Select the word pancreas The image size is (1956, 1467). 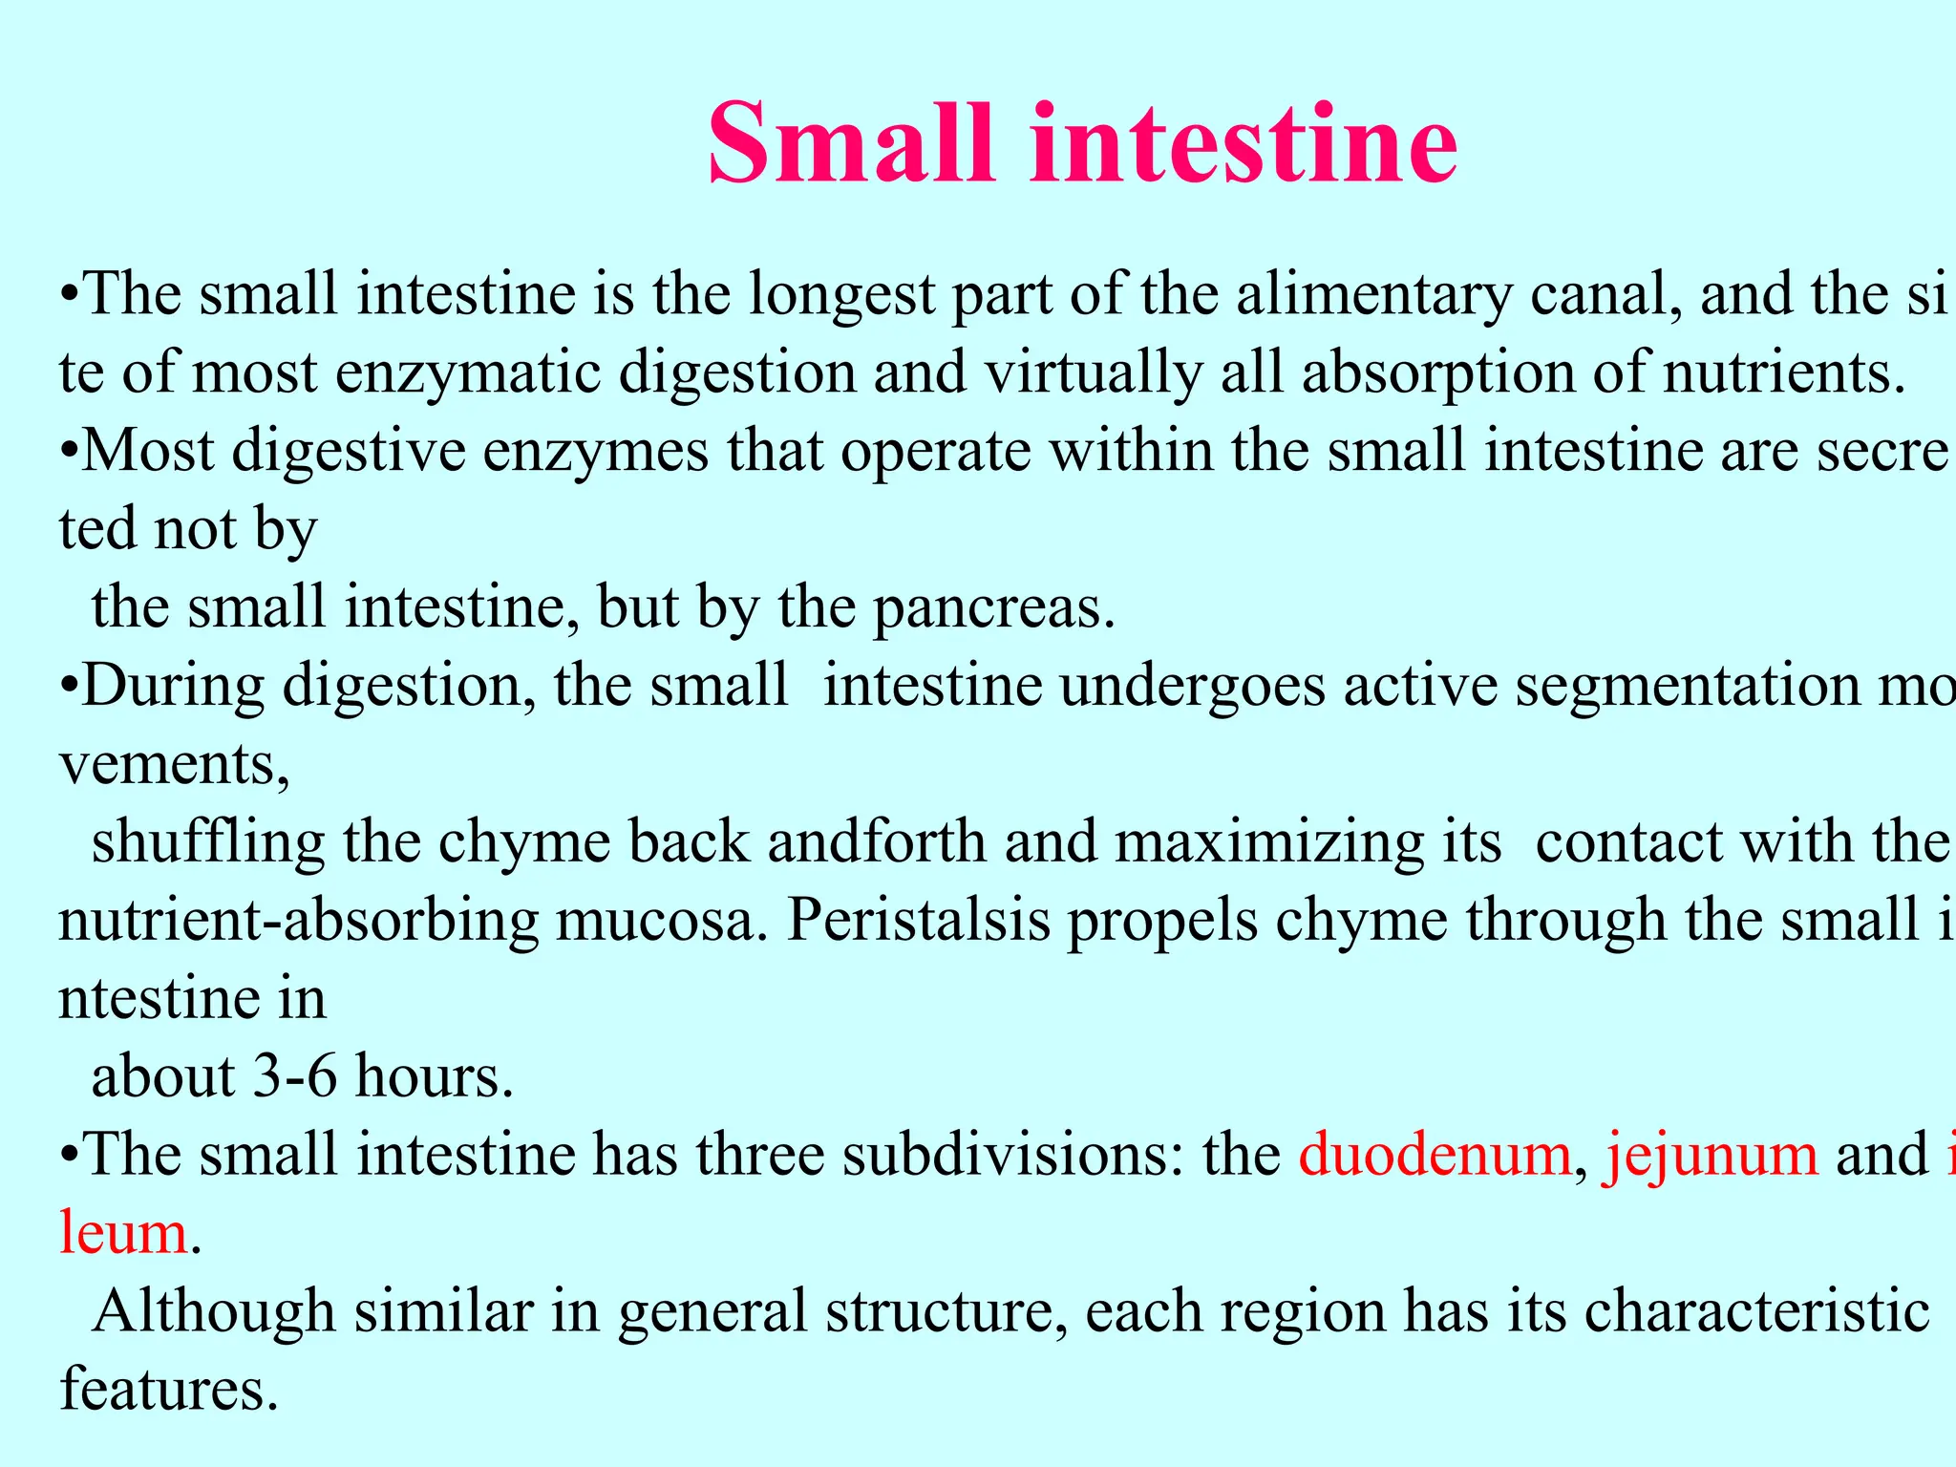(x=993, y=609)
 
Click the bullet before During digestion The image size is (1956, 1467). (x=68, y=688)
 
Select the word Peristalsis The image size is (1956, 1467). (x=917, y=923)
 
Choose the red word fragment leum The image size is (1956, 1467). (x=123, y=1234)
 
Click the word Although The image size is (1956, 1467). (x=214, y=1312)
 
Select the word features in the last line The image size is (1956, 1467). (x=168, y=1391)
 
